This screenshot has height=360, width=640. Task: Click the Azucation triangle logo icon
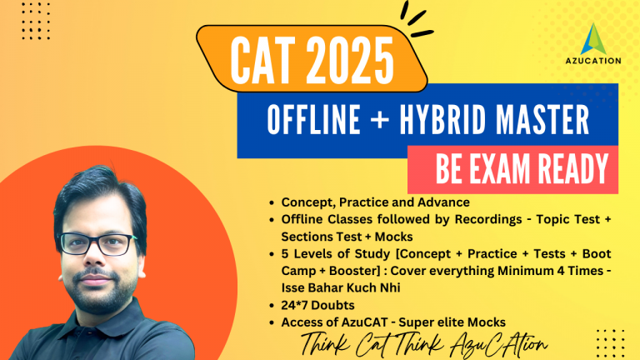coord(593,39)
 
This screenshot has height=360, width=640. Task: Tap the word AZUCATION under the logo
coord(593,61)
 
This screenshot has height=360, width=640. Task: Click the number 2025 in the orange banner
coord(350,61)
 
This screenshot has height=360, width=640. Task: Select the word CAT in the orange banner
coord(262,61)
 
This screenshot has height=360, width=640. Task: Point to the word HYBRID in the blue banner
coord(442,120)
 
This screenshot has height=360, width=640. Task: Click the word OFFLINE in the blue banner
coord(313,120)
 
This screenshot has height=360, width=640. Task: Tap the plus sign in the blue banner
coord(379,120)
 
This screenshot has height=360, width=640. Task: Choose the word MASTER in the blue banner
coord(542,120)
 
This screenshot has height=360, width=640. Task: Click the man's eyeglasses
coord(97,243)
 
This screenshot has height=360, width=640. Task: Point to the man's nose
coord(94,259)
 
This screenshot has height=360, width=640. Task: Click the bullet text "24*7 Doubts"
coord(317,305)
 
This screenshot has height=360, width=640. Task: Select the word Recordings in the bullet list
coord(488,220)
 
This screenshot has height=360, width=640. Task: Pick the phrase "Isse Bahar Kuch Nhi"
coord(341,287)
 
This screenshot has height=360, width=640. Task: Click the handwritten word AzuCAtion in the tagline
coord(498,344)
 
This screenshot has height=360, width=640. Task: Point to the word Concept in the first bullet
coord(306,202)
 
